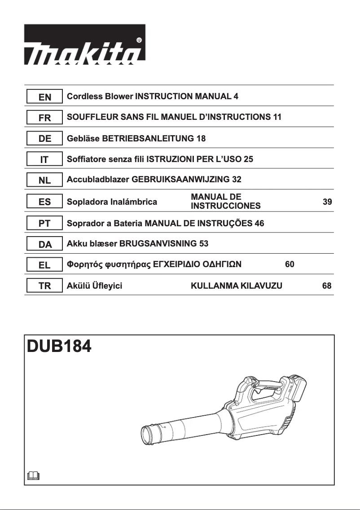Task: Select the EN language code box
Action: click(44, 97)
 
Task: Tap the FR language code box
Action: click(44, 118)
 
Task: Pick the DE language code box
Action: click(44, 139)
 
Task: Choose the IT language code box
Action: click(44, 159)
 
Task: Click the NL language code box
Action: click(44, 180)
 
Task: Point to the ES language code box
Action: click(44, 202)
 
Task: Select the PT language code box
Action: click(44, 223)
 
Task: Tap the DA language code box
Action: click(44, 244)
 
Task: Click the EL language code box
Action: click(44, 265)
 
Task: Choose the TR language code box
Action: click(44, 286)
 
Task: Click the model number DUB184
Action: click(60, 347)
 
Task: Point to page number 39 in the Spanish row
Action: click(327, 202)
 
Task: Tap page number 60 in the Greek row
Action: click(290, 265)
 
